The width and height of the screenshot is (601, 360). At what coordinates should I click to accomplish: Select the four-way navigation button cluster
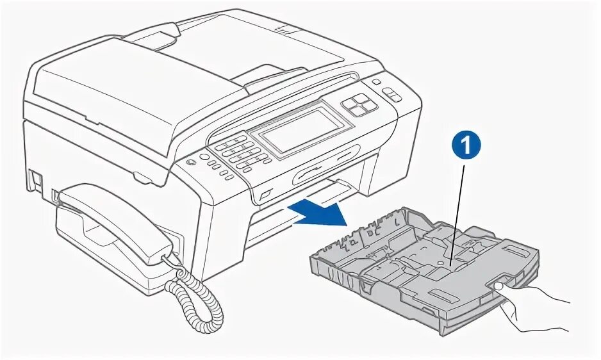pos(358,103)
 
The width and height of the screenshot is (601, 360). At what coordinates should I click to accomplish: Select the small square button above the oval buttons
pos(376,83)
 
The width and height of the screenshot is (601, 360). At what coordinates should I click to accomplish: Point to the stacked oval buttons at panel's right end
pos(392,95)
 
